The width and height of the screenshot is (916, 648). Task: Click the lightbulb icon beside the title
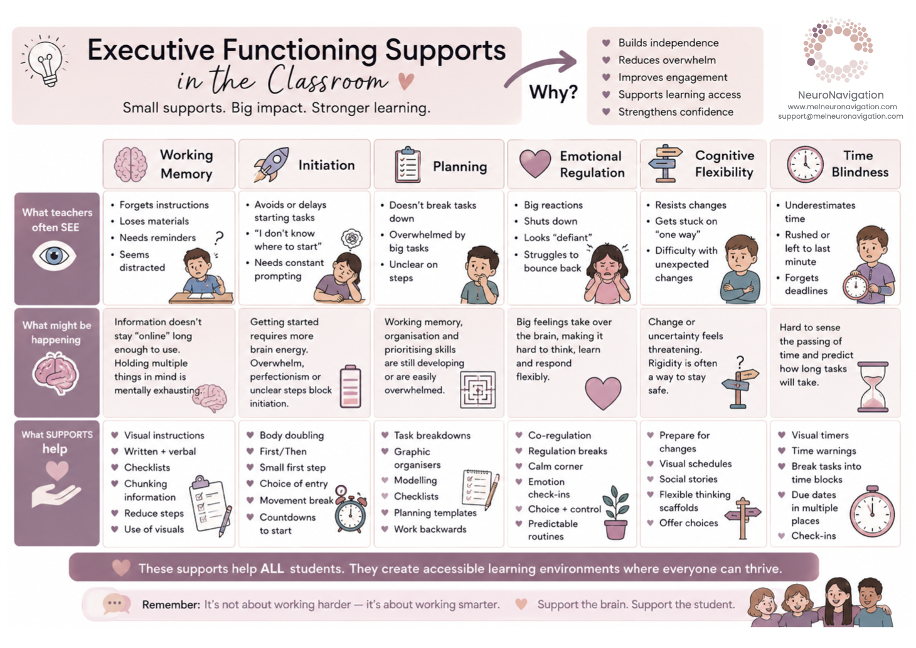[45, 62]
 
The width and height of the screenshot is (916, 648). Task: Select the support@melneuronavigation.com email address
[840, 116]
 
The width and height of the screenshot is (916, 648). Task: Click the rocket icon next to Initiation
[271, 165]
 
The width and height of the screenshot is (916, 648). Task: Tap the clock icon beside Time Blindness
[805, 165]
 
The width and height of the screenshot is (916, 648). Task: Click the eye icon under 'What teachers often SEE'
[54, 256]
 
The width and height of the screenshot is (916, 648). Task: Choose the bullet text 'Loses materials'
[154, 221]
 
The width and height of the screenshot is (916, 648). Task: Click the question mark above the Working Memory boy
[219, 238]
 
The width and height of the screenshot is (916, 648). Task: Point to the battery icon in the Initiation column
[351, 386]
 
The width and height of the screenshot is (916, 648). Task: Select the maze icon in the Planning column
[477, 390]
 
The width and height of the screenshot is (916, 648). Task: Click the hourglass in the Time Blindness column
[873, 387]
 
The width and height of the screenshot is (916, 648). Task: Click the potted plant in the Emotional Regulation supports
[616, 513]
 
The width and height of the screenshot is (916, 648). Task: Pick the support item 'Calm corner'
[555, 467]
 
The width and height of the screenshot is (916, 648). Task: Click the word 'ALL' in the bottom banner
[272, 569]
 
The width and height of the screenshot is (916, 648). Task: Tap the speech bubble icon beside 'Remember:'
[116, 604]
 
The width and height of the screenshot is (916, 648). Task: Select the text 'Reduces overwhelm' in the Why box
[667, 60]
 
